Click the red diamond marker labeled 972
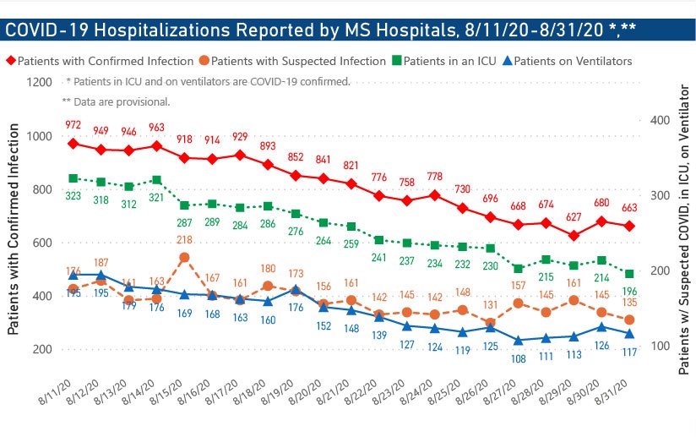click(73, 143)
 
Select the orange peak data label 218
click(184, 240)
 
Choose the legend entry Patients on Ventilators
click(573, 62)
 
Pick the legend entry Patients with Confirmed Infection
click(104, 62)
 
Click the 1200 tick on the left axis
click(39, 83)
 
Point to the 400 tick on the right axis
click(661, 121)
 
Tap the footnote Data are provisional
click(116, 101)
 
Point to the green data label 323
click(73, 195)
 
